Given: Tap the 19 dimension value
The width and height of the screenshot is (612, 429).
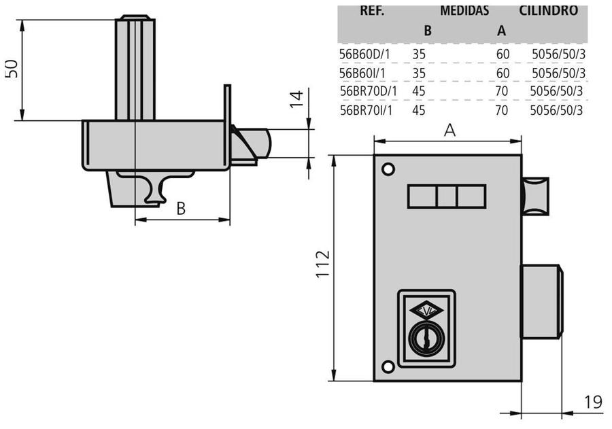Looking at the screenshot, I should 592,402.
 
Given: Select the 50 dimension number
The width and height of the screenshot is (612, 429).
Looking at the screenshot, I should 12,69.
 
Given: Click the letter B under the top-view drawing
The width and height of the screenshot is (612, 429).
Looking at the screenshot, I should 181,209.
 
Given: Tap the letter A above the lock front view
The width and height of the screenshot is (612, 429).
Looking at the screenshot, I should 449,131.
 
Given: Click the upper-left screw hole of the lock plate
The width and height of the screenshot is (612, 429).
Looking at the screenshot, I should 388,169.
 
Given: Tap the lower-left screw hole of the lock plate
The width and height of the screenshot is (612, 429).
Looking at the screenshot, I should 388,367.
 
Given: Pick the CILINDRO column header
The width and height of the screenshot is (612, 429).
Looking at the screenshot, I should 548,11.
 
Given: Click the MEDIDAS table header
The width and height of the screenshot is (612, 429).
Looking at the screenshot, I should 464,11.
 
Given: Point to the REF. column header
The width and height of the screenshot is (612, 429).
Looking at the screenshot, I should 371,11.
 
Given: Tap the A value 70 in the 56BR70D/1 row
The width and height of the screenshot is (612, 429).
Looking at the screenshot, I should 502,91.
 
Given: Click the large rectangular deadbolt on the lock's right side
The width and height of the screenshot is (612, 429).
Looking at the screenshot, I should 541,301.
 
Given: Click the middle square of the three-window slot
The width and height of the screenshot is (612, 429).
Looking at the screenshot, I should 446,197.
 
